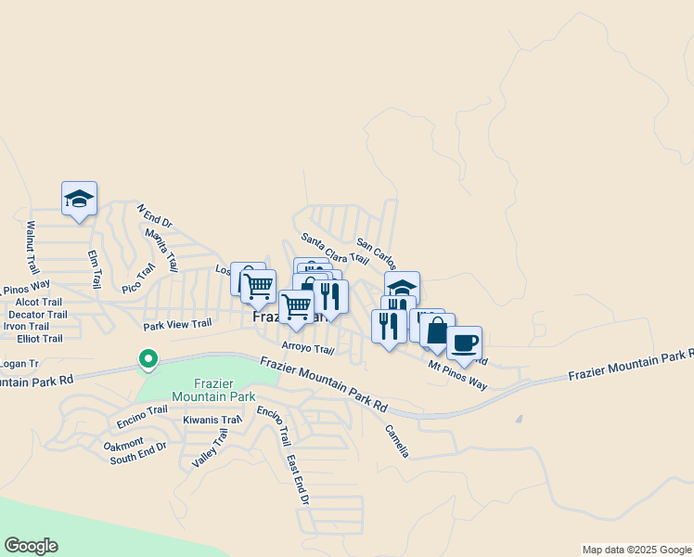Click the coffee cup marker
tap(465, 343)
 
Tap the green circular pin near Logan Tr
tap(147, 358)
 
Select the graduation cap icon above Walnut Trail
tap(79, 198)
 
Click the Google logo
tap(31, 546)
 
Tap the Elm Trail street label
tap(94, 268)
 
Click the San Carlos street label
tap(377, 254)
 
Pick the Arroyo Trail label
tap(307, 349)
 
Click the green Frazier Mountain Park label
tap(225, 390)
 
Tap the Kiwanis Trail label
tap(212, 421)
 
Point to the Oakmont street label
tap(123, 443)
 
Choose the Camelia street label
tap(397, 441)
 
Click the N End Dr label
tap(155, 217)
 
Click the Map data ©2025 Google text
tap(636, 550)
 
